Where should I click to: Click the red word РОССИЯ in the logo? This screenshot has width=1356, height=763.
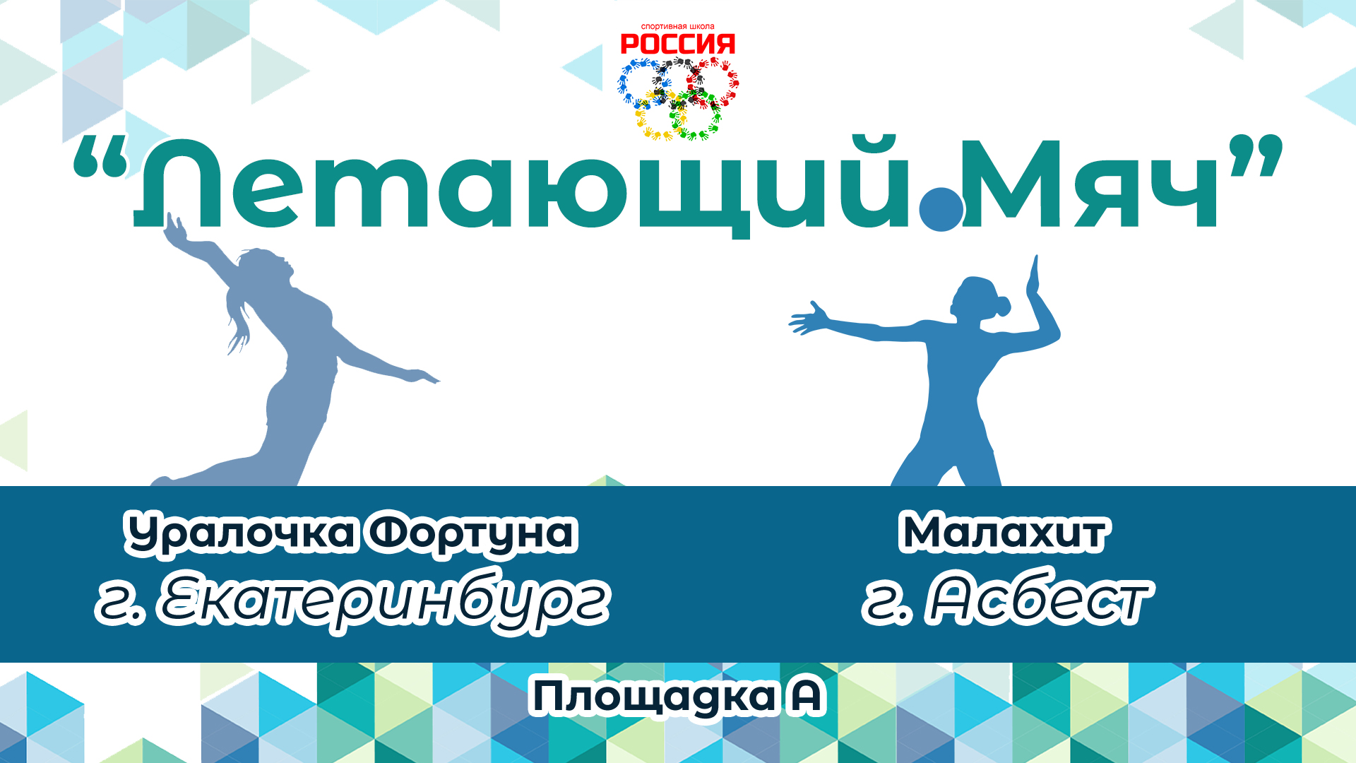[x=677, y=45]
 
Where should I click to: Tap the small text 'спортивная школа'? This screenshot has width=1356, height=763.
[x=677, y=27]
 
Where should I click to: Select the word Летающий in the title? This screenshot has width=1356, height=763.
[x=523, y=187]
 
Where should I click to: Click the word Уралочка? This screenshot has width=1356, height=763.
[x=240, y=533]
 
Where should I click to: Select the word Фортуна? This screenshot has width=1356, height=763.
[x=471, y=533]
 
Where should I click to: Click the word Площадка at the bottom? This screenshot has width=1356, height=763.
[x=653, y=697]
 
